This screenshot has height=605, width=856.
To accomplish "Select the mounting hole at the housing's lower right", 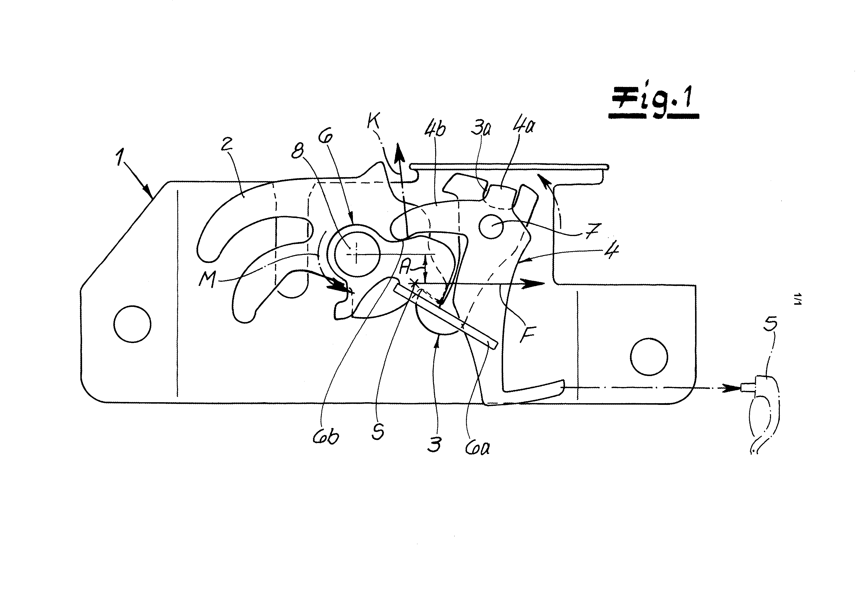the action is point(648,357).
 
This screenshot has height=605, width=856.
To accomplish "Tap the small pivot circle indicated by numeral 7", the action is point(492,227).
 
